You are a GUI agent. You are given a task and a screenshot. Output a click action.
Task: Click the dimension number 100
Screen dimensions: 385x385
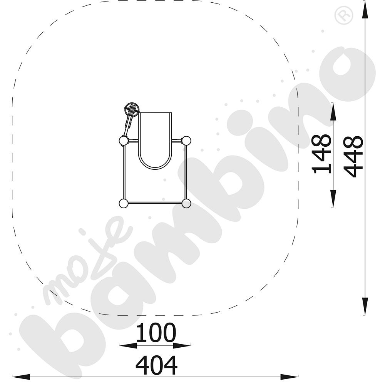coord(156,333)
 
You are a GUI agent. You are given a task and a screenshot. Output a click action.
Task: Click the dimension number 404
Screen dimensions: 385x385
coord(156,365)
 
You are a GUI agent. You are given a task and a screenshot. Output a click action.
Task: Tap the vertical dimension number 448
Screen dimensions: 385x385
coord(353,157)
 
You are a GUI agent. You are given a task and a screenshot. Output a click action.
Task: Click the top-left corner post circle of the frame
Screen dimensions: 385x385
coord(123,141)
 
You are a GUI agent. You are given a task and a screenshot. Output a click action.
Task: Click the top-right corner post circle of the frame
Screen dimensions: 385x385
coord(186,141)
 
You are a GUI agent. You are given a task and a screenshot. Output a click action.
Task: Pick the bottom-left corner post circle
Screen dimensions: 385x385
coord(123,204)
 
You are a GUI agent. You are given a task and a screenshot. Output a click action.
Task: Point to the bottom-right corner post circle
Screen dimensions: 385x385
coord(186,204)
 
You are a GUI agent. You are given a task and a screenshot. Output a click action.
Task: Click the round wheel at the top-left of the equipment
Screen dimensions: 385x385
coord(132,109)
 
